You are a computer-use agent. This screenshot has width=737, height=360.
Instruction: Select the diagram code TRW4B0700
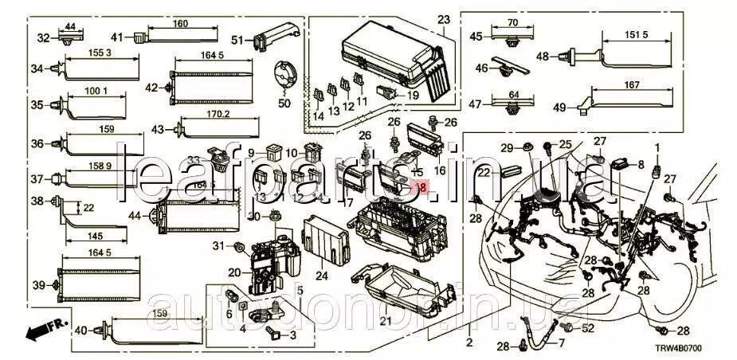[x=694, y=348]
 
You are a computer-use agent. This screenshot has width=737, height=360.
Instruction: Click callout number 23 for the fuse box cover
[x=444, y=18]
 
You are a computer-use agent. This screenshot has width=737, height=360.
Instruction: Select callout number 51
[x=237, y=40]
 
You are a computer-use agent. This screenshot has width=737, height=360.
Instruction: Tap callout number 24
[x=322, y=276]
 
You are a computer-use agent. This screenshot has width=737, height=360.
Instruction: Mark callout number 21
[x=385, y=320]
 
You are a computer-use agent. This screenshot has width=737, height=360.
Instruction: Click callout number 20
[x=233, y=272]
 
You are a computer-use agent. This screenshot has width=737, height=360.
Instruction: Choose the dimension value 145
[x=95, y=237]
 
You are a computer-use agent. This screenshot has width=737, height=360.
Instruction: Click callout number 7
[x=560, y=343]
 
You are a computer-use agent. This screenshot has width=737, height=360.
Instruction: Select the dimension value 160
[x=181, y=24]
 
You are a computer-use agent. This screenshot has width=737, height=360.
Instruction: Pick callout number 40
[x=80, y=331]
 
